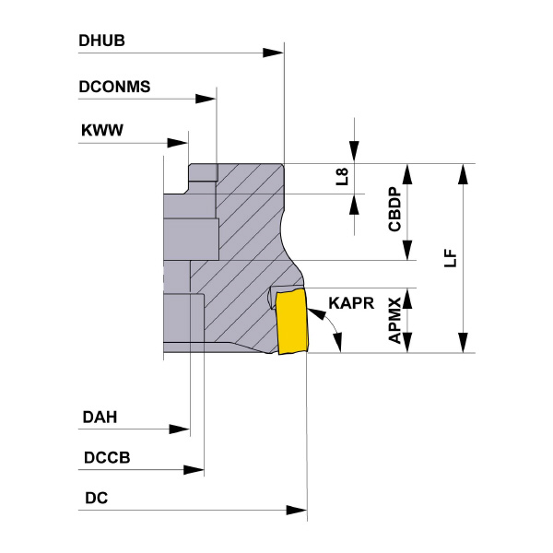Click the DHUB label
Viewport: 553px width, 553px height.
click(x=102, y=41)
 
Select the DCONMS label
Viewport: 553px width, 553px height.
click(x=115, y=88)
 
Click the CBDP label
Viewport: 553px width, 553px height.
click(x=394, y=210)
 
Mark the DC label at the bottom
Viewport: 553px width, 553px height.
click(x=96, y=499)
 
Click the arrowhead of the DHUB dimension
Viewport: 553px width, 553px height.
click(x=274, y=53)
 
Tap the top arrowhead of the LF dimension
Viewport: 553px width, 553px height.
click(x=463, y=174)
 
